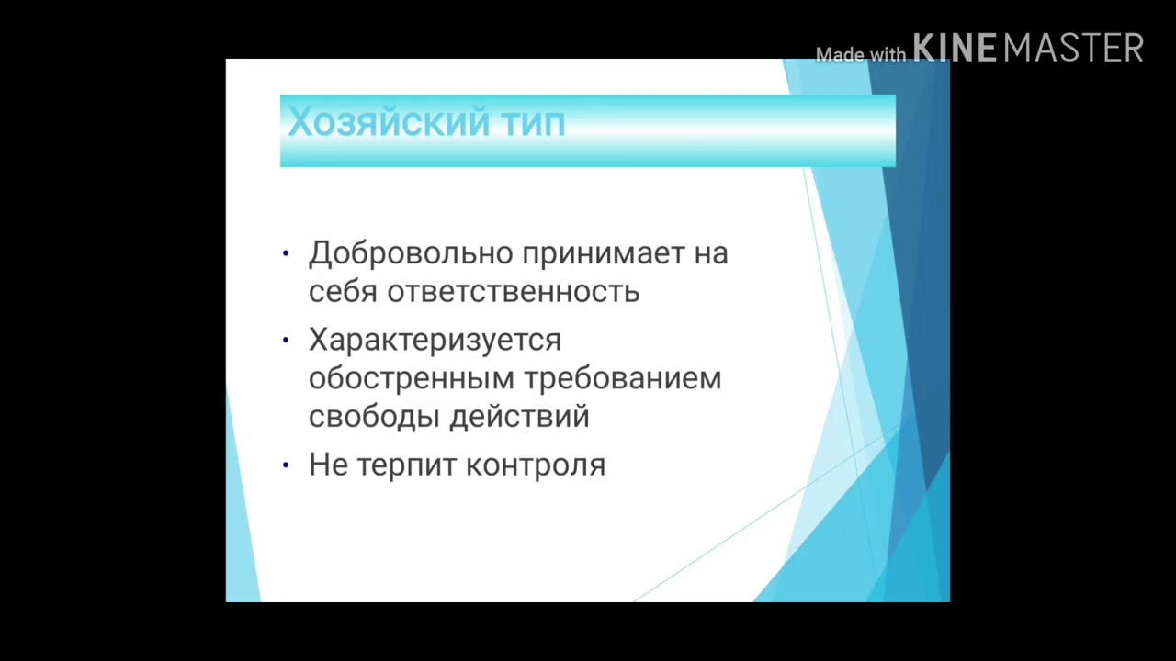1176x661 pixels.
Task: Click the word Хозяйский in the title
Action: tap(388, 122)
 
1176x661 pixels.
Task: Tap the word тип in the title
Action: tap(533, 122)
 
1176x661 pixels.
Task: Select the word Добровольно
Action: tap(412, 253)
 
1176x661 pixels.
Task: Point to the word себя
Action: tap(343, 292)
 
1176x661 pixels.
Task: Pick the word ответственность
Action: tap(513, 292)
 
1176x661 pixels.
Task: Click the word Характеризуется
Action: tap(435, 340)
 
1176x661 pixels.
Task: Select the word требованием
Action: tap(623, 378)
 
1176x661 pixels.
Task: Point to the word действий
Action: tap(519, 417)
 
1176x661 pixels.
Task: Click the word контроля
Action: tap(535, 465)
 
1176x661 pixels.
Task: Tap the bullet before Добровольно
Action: tap(286, 253)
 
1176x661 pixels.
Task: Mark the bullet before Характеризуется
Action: tap(286, 340)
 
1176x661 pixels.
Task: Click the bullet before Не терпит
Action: tap(286, 465)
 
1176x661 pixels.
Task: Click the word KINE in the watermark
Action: tap(955, 48)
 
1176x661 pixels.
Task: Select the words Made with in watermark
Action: tap(860, 55)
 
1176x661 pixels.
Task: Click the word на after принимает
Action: tap(711, 253)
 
